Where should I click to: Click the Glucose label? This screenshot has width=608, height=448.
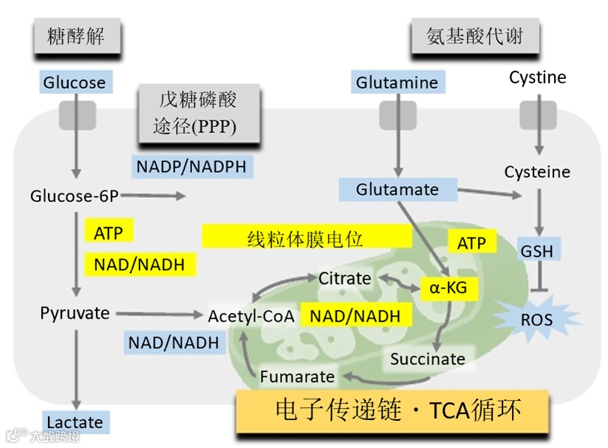coord(74,82)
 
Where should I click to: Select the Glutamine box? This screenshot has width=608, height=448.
coord(397,82)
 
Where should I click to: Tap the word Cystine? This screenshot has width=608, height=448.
coord(537,77)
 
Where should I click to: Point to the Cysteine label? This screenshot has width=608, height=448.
coord(537,172)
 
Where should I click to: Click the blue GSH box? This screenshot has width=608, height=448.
coord(536,251)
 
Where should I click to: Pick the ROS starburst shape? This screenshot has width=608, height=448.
coord(536,320)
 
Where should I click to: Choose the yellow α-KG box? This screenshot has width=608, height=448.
coord(448,287)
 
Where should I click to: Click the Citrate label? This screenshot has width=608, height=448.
coord(344,278)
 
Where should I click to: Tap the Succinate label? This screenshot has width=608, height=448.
coord(428,359)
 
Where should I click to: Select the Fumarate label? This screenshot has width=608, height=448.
coord(297,376)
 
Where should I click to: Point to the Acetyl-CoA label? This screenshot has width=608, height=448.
coord(251,317)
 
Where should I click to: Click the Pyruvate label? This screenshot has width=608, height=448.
coord(75,313)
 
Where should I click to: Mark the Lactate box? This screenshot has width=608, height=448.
coord(75,422)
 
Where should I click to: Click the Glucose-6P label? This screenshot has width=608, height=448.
coord(74,196)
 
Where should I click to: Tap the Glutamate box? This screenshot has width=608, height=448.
coord(397,190)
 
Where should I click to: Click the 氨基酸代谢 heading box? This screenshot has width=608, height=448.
coord(474,35)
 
